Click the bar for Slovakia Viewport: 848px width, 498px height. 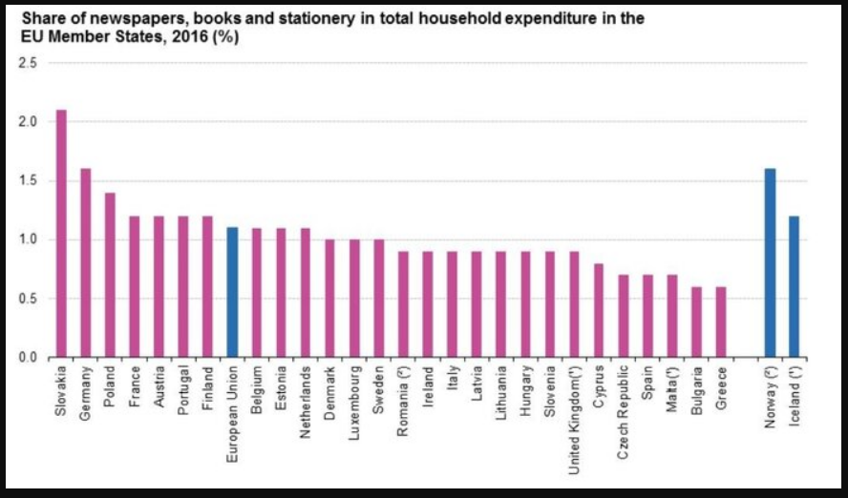(62, 234)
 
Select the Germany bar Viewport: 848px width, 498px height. (86, 263)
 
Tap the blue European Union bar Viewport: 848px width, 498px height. (232, 292)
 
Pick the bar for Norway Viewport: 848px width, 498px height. (770, 263)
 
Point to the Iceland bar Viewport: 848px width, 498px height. (795, 286)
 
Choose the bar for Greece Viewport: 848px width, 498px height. (721, 322)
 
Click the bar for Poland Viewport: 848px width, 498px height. (111, 275)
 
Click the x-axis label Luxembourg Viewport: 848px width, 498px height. (355, 402)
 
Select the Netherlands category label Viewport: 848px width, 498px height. (307, 402)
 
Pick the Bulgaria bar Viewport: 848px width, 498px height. (697, 322)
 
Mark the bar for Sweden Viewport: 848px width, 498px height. (379, 298)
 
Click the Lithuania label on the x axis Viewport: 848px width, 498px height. (501, 396)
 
